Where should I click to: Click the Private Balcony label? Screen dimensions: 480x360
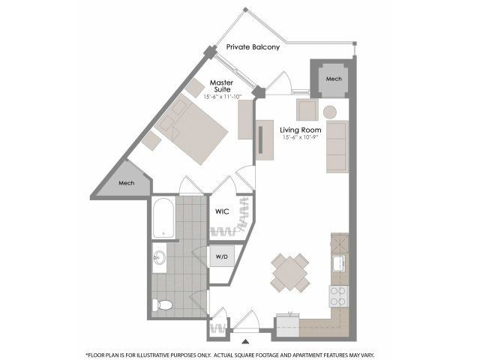pyautogui.click(x=253, y=47)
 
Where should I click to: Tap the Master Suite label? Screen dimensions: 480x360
pyautogui.click(x=222, y=86)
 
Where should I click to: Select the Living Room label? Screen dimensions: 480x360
pyautogui.click(x=301, y=130)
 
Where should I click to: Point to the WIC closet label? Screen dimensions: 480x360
pyautogui.click(x=222, y=211)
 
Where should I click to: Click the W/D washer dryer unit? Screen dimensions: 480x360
pyautogui.click(x=222, y=256)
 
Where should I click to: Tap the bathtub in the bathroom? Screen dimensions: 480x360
pyautogui.click(x=163, y=217)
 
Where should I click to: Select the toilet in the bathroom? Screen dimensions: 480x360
pyautogui.click(x=162, y=304)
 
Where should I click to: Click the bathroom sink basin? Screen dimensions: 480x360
pyautogui.click(x=159, y=258)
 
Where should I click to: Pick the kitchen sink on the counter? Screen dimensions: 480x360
pyautogui.click(x=339, y=263)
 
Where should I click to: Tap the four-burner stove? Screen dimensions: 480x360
pyautogui.click(x=339, y=296)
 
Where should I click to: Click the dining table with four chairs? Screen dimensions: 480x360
pyautogui.click(x=289, y=273)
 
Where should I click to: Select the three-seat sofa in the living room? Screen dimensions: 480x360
pyautogui.click(x=337, y=147)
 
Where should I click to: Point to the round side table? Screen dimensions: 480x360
pyautogui.click(x=330, y=112)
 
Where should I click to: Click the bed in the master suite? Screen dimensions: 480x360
pyautogui.click(x=192, y=129)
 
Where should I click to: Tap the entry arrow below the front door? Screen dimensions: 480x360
pyautogui.click(x=245, y=341)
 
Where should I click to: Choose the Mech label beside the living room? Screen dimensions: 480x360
pyautogui.click(x=334, y=79)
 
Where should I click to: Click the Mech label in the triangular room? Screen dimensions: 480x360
pyautogui.click(x=127, y=183)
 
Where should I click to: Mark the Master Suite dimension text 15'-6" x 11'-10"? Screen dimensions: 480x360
pyautogui.click(x=223, y=97)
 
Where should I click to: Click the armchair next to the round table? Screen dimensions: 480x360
pyautogui.click(x=307, y=109)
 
